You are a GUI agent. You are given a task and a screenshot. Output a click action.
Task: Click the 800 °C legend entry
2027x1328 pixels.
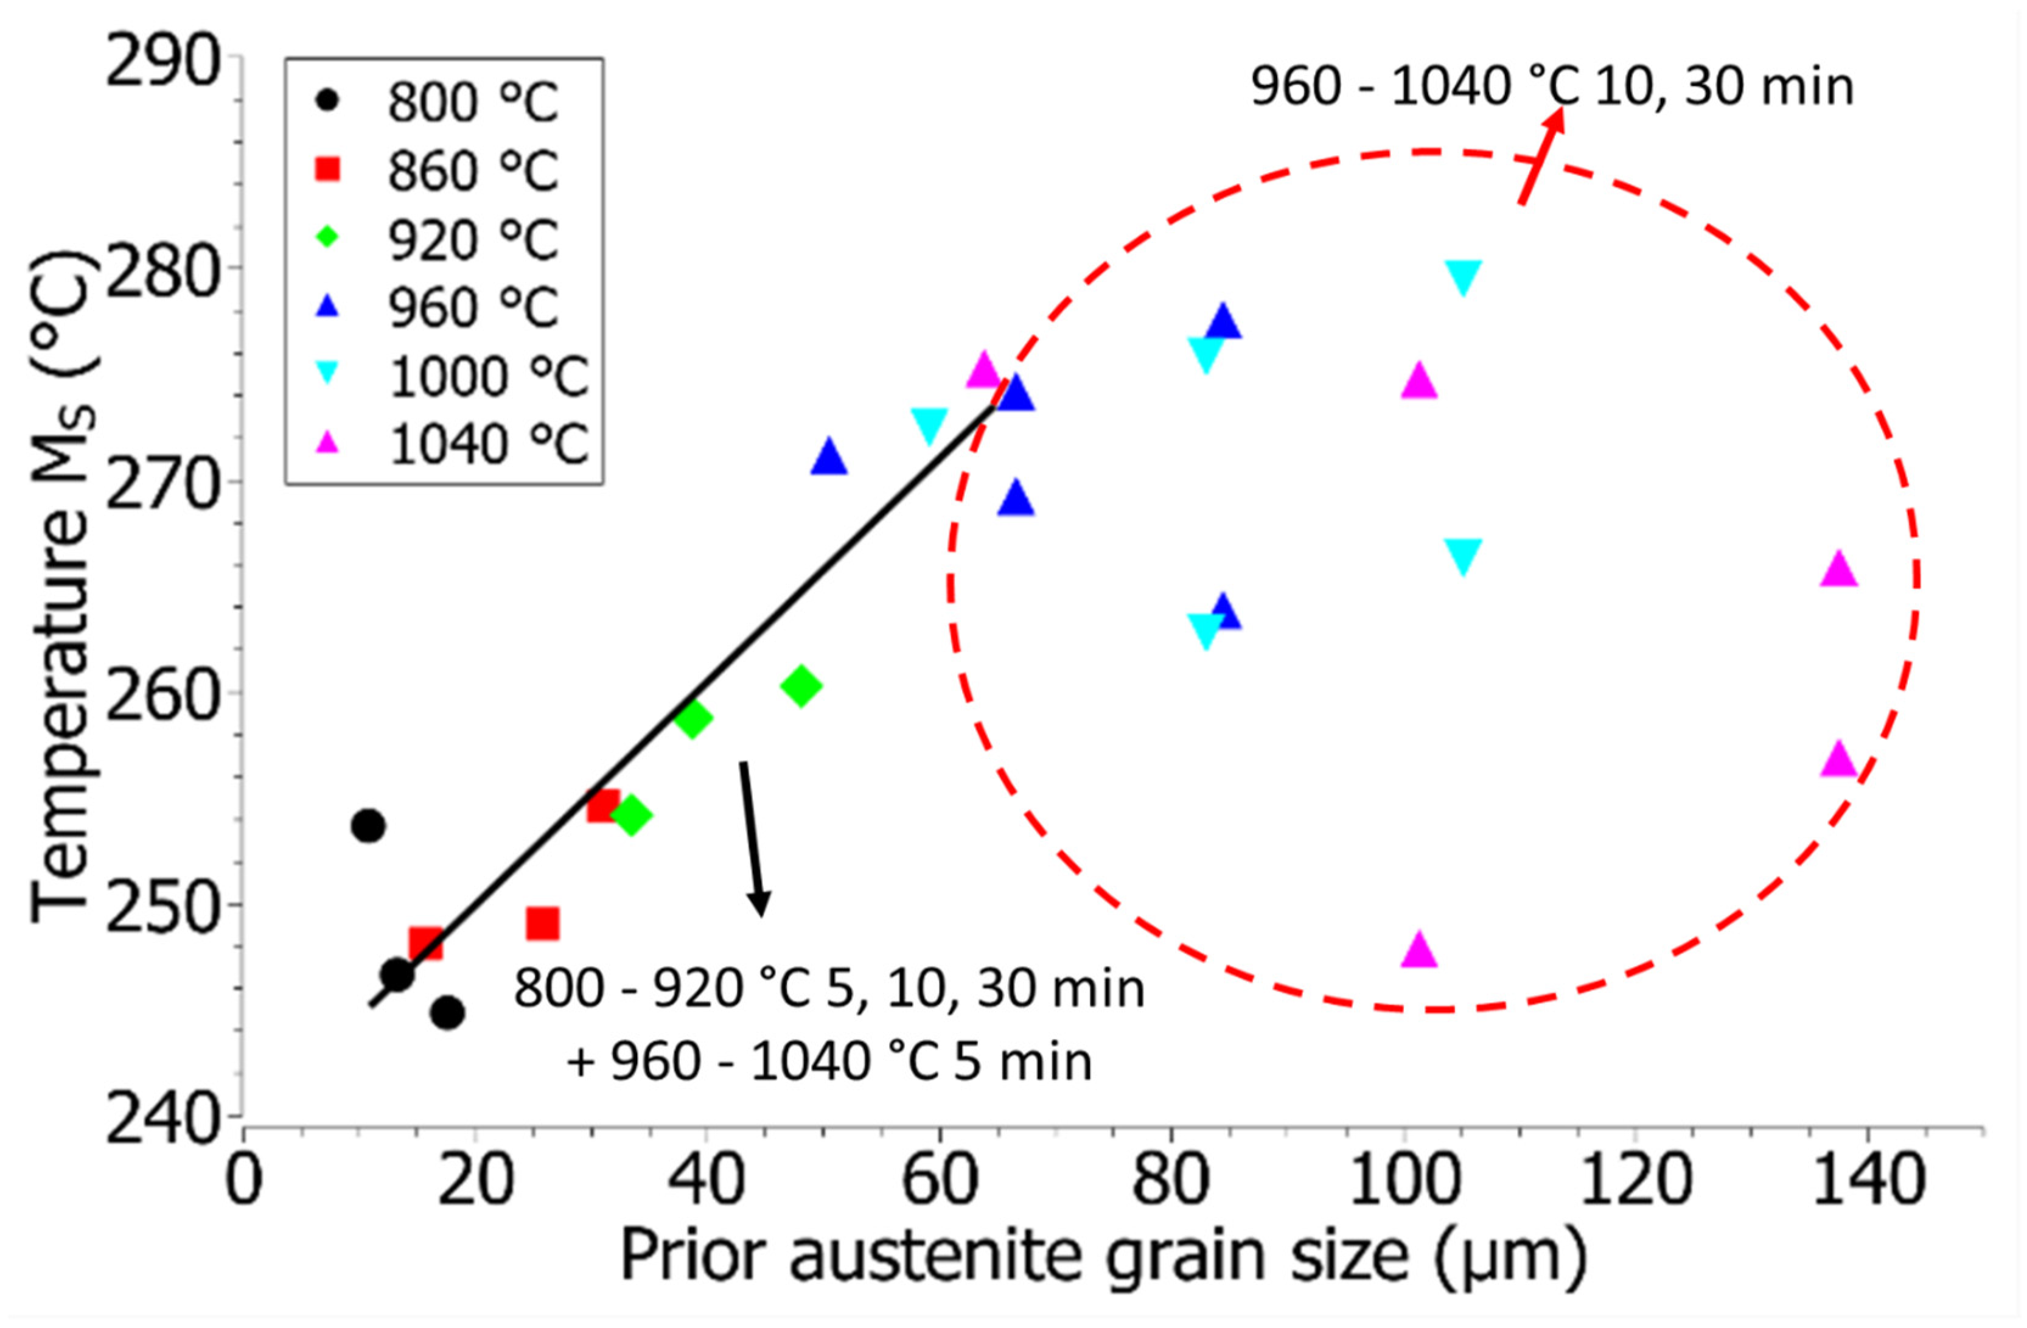443,102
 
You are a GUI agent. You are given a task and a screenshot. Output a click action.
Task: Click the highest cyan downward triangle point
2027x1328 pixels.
1463,276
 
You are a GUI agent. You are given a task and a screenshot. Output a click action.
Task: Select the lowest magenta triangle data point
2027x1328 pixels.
1418,951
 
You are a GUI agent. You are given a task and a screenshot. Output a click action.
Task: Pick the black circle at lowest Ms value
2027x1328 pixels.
448,1013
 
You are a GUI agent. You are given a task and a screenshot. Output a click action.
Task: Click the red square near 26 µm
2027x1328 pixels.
543,923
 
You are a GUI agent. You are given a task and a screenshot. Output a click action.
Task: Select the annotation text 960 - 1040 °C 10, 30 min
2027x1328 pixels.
1552,87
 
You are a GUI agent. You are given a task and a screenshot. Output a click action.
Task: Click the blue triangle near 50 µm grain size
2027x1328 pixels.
829,458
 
